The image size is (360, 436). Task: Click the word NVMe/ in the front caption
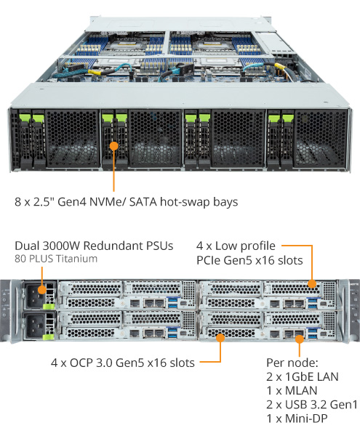[x=108, y=201]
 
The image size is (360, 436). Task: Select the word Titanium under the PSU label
[x=77, y=259]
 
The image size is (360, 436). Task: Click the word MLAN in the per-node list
[x=301, y=391]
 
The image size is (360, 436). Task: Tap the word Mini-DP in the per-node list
[x=306, y=419]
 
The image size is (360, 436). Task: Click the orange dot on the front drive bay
[x=113, y=146]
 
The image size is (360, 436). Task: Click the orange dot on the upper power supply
[x=41, y=290]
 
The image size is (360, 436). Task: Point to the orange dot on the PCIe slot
[x=312, y=284]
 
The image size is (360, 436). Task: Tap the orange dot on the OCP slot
[x=220, y=338]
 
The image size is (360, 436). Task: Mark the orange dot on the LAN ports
[x=300, y=339]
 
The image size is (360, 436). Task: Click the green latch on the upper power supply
[x=49, y=307]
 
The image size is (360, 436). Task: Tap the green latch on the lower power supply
[x=49, y=337]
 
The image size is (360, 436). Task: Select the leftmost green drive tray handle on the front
[x=24, y=117]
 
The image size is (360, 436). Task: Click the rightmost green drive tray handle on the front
[x=288, y=117]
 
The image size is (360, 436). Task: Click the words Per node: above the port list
[x=292, y=363]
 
